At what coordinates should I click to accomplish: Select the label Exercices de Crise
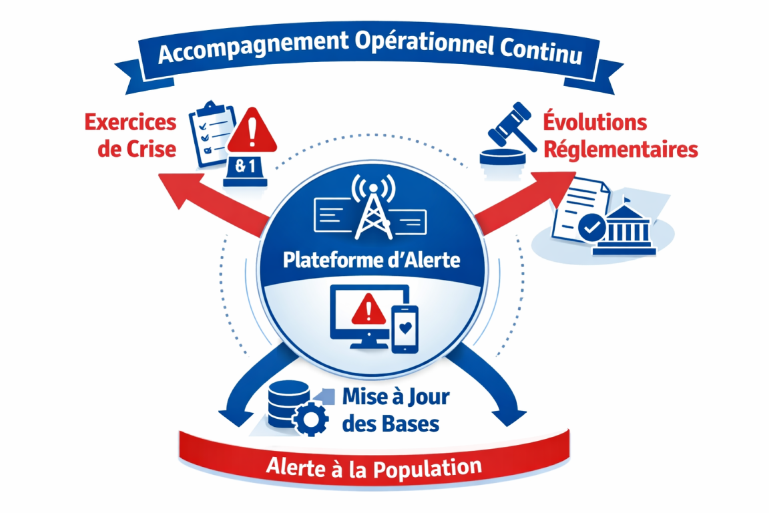[x=130, y=135]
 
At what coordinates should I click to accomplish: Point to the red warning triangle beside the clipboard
[x=252, y=130]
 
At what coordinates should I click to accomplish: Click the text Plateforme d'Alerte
[x=372, y=259]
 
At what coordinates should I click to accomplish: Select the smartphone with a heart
[x=405, y=329]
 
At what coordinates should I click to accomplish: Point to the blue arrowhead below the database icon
[x=235, y=414]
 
